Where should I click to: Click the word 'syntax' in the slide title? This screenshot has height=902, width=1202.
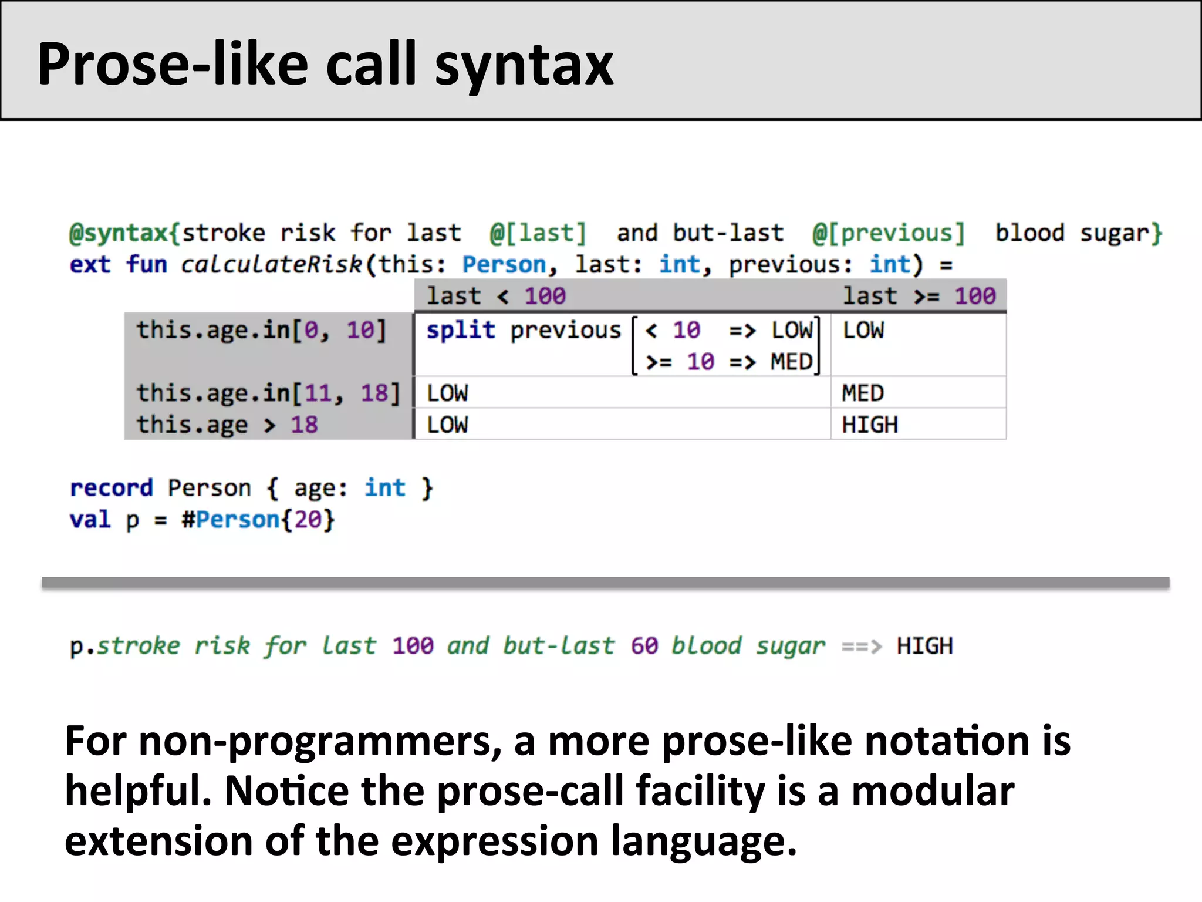(524, 66)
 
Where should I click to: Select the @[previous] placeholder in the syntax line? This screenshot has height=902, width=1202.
(889, 233)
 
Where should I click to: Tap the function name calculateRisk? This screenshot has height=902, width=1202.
(271, 265)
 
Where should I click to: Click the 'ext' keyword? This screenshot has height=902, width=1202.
(90, 265)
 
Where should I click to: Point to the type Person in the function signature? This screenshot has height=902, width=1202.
(504, 265)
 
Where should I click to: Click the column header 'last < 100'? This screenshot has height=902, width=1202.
(496, 296)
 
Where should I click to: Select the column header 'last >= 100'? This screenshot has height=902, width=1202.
(919, 296)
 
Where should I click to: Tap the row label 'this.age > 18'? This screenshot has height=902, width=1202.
(227, 425)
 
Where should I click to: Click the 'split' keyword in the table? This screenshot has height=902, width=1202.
(461, 330)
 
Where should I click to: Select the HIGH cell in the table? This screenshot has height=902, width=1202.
(870, 425)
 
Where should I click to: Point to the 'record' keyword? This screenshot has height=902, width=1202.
(111, 488)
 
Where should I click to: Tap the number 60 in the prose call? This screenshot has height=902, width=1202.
(644, 646)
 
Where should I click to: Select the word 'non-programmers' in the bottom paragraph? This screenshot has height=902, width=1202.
(320, 741)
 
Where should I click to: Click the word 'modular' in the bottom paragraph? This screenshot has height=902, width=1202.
(933, 791)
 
